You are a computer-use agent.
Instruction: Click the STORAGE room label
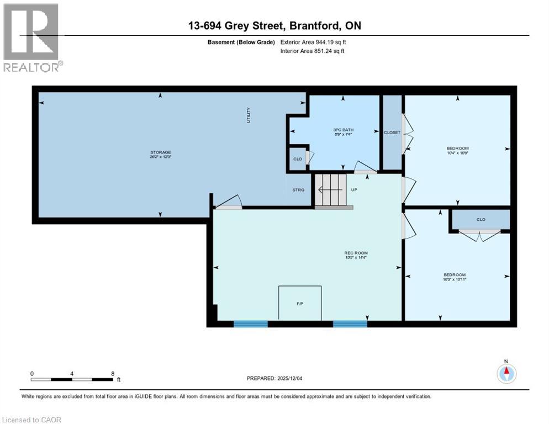coord(161,152)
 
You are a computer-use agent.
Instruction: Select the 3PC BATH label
coord(343,130)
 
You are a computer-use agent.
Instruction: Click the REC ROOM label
coord(356,253)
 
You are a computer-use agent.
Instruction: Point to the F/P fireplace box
coord(300,303)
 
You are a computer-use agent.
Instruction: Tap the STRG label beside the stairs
coord(298,190)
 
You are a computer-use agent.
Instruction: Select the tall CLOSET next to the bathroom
coord(392,132)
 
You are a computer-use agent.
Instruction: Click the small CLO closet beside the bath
coord(298,159)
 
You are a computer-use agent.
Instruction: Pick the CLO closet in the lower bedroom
coord(481,219)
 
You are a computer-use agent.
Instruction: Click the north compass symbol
coord(506,373)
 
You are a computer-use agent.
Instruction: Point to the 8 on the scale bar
coord(113,373)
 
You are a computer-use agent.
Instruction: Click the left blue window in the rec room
coord(250,324)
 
